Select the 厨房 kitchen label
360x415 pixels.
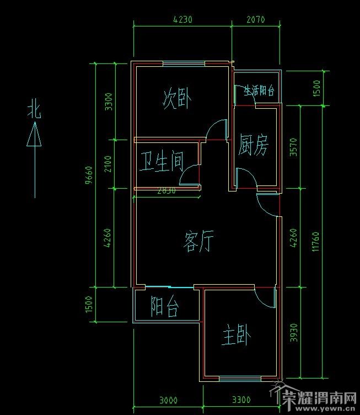(254, 146)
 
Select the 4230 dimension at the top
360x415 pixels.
(182, 19)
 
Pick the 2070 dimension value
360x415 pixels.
(255, 19)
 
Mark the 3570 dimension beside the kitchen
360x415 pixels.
(293, 147)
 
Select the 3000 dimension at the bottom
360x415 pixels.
(168, 400)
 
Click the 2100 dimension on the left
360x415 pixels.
(108, 164)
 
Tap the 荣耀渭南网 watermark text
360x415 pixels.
(319, 397)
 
